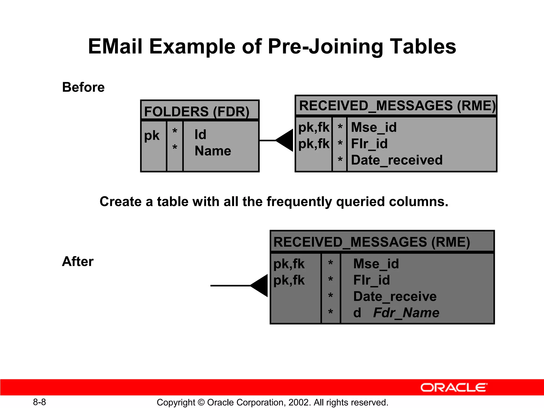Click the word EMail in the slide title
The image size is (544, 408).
coord(115,46)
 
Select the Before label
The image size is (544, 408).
coord(83,87)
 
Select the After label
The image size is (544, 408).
coord(78,261)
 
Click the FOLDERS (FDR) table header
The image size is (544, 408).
coord(197,111)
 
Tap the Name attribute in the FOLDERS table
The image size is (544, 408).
coord(213,151)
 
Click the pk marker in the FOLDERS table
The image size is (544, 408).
coord(152,135)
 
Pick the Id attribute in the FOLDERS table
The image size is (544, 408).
coord(200,134)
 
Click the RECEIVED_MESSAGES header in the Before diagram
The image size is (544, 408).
coord(397,105)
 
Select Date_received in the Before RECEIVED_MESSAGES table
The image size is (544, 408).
coord(397,160)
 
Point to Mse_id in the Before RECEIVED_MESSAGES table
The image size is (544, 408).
coord(374,127)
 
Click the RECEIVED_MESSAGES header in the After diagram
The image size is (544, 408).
coord(372,242)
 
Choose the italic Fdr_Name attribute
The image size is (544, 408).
coord(406,313)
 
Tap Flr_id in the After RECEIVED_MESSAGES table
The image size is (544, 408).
coord(372,280)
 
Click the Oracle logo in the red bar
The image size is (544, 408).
coord(454,388)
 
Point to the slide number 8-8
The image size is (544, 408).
coord(39,402)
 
